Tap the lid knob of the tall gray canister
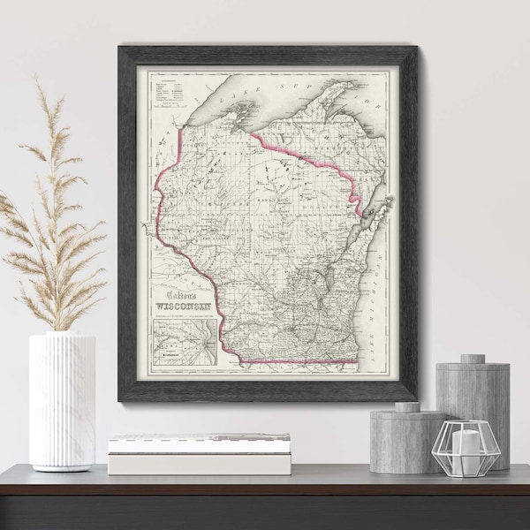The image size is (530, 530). [473, 358]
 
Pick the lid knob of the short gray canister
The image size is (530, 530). [407, 406]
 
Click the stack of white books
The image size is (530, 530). [199, 453]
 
